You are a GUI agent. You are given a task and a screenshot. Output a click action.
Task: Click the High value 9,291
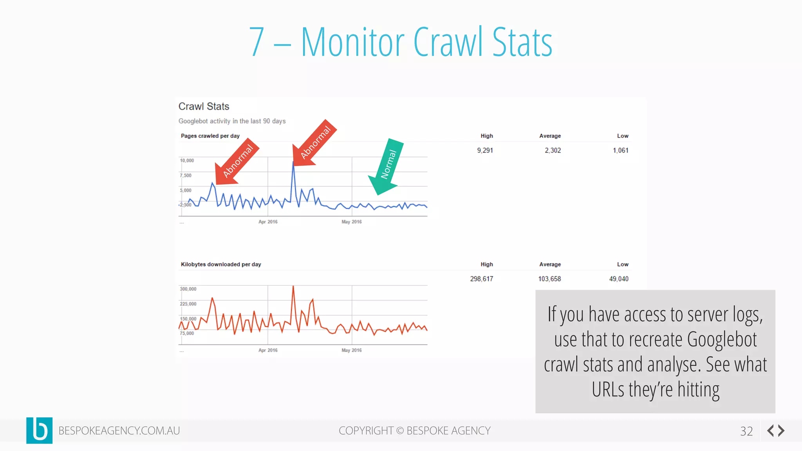pyautogui.click(x=485, y=150)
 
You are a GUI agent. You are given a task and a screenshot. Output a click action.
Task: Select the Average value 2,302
pyautogui.click(x=553, y=150)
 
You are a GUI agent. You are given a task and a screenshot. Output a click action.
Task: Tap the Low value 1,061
pyautogui.click(x=620, y=150)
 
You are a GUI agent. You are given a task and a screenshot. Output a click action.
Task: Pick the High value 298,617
pyautogui.click(x=481, y=279)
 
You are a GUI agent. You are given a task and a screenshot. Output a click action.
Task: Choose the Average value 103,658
pyautogui.click(x=549, y=279)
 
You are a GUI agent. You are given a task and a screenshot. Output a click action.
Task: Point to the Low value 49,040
pyautogui.click(x=619, y=279)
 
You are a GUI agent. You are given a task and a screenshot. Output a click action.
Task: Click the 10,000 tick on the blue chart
pyautogui.click(x=187, y=161)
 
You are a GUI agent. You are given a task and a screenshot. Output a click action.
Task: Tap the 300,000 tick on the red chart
pyautogui.click(x=188, y=289)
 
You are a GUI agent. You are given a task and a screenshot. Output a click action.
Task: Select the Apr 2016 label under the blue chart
pyautogui.click(x=268, y=222)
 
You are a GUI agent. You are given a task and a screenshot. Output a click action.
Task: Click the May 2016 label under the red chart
pyautogui.click(x=352, y=350)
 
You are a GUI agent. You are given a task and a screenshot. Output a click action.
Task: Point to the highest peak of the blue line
pyautogui.click(x=293, y=162)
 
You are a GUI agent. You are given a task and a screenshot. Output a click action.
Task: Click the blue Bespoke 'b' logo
pyautogui.click(x=39, y=430)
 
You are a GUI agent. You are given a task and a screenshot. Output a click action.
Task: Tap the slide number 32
pyautogui.click(x=746, y=431)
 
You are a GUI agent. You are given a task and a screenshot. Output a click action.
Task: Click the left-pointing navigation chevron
pyautogui.click(x=770, y=431)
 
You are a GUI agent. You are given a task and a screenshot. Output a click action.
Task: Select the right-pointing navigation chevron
pyautogui.click(x=782, y=431)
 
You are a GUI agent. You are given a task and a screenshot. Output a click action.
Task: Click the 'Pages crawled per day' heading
pyautogui.click(x=210, y=136)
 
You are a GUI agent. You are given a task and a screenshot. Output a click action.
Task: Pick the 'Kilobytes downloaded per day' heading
pyautogui.click(x=221, y=264)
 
